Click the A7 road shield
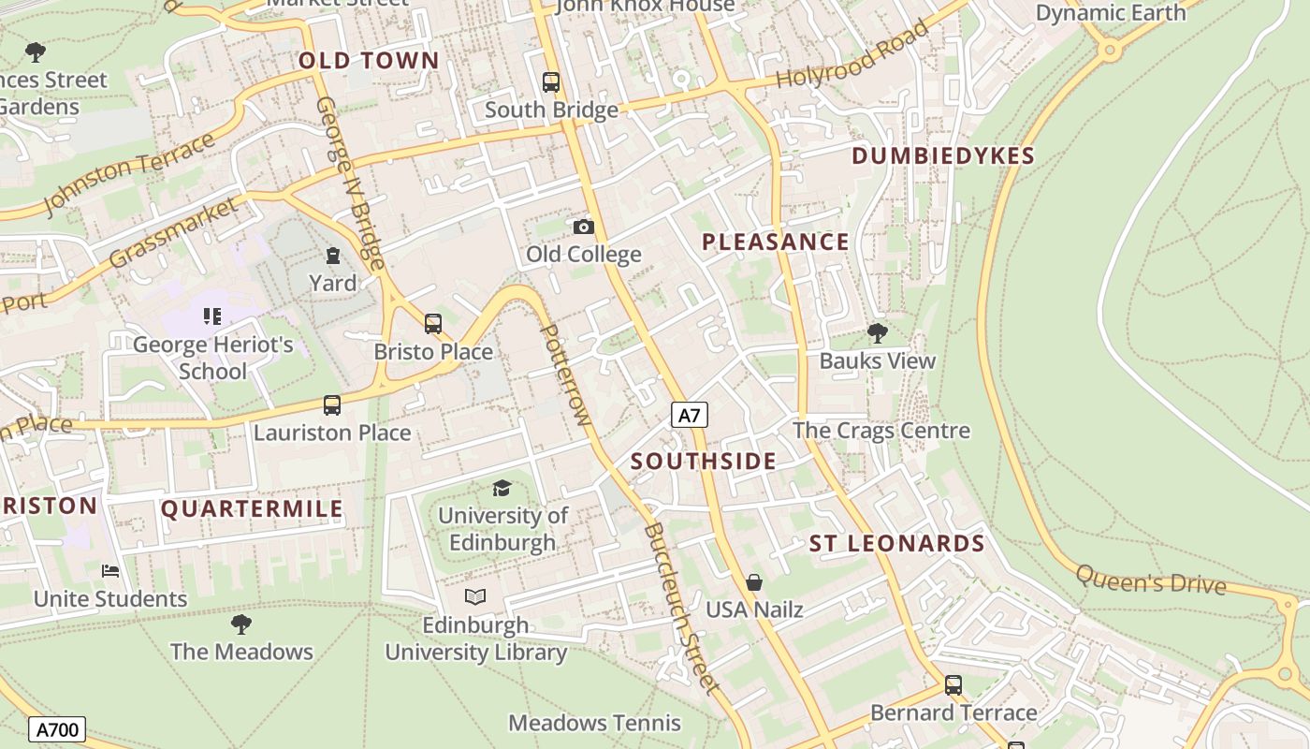689,415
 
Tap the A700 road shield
57,729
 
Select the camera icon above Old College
583,227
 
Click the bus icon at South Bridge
551,82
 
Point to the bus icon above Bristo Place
432,324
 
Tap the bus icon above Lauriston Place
332,405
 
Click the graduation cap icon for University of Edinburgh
502,488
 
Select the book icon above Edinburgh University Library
475,596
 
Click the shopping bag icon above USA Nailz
754,582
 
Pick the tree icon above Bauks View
877,332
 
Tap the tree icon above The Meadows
240,624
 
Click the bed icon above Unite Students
110,570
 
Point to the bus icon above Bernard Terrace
953,685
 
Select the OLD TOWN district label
369,61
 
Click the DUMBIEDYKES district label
943,156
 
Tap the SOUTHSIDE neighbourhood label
704,461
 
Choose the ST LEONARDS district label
896,544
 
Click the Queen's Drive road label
1150,580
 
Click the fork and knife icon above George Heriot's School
212,316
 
